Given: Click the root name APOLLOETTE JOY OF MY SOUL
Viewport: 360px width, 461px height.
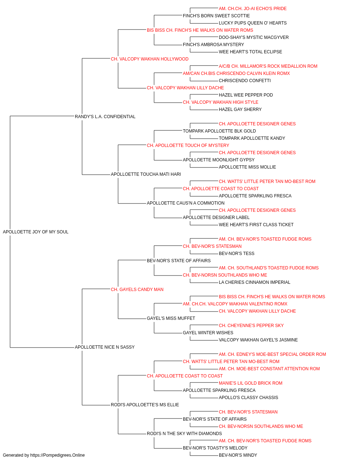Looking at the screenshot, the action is click(x=36, y=232).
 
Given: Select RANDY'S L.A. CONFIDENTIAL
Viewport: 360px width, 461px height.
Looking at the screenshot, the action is click(x=105, y=116).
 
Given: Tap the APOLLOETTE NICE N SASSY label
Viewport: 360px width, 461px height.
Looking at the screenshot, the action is click(x=104, y=347).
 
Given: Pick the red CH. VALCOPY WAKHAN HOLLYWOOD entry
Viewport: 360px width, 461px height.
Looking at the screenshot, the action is click(x=149, y=59).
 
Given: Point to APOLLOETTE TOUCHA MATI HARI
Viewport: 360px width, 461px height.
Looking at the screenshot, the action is click(x=146, y=174).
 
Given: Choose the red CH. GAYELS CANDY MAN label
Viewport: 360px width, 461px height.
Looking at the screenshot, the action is click(x=137, y=289).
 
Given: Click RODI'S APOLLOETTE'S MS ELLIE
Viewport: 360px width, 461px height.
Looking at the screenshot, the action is click(x=145, y=404).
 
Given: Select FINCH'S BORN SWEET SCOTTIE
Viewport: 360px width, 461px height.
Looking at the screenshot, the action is click(x=216, y=16).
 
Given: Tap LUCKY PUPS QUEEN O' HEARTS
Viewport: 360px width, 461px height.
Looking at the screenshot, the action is click(x=252, y=23).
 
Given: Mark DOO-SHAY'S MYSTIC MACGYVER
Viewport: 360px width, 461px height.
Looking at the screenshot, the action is click(x=253, y=37).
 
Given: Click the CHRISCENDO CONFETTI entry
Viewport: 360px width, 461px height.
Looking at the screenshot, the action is click(x=245, y=81).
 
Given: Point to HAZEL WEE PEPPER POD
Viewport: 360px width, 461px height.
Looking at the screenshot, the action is click(x=246, y=95).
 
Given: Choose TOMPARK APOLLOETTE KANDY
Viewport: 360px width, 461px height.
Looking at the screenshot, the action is click(x=252, y=138).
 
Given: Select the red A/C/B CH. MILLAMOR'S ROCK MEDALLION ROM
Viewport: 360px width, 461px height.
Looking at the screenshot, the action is click(x=268, y=66).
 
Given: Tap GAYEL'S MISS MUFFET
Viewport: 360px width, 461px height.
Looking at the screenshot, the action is click(x=171, y=318).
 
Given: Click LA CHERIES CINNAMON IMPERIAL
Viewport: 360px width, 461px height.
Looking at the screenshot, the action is click(x=255, y=282).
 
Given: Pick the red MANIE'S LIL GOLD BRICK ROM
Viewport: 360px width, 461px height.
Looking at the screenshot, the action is click(x=251, y=383).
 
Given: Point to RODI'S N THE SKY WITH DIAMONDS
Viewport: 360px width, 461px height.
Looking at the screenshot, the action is click(x=184, y=433).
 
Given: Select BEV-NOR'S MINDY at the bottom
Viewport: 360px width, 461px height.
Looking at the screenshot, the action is click(x=238, y=455).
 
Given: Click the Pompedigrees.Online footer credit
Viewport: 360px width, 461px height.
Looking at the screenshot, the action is click(x=44, y=455).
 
